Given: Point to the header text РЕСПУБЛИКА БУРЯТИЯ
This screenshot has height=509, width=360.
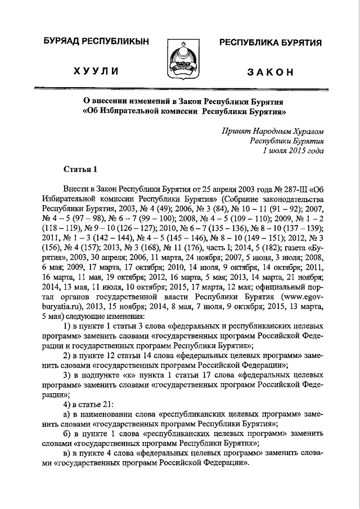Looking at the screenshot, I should tap(270, 43).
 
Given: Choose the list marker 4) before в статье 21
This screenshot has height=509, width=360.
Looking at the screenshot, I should tap(68, 402).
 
